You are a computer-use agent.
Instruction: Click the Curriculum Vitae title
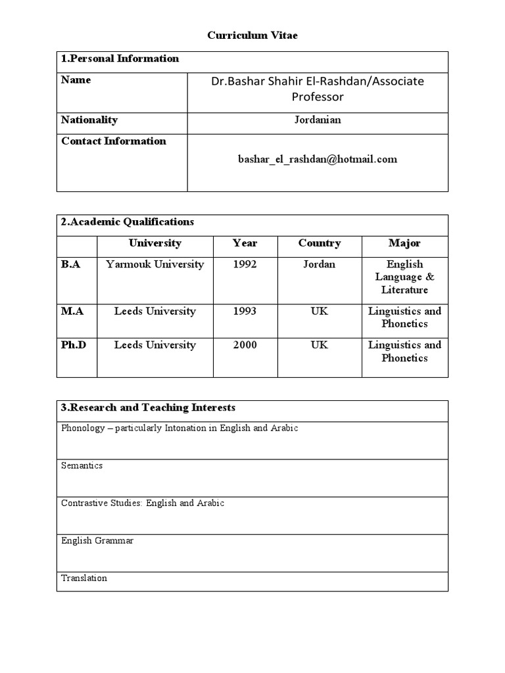(x=252, y=35)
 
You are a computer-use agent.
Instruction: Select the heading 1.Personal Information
(x=120, y=58)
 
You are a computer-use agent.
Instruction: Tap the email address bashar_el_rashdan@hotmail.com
(x=318, y=159)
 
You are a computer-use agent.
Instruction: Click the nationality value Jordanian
(x=318, y=120)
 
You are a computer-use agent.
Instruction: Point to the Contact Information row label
(x=113, y=141)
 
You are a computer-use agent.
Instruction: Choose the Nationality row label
(x=89, y=120)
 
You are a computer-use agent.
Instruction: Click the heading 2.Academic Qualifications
(x=127, y=222)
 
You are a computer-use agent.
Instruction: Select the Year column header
(x=245, y=243)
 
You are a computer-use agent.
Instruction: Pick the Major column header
(x=404, y=243)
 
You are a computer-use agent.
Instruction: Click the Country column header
(x=320, y=243)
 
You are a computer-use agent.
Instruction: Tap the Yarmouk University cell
(x=155, y=264)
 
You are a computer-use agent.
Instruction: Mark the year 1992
(x=245, y=264)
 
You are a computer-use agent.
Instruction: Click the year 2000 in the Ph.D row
(x=245, y=345)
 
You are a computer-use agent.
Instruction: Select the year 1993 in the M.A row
(x=245, y=311)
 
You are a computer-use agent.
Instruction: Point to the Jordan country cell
(x=320, y=264)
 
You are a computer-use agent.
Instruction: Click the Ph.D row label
(x=73, y=345)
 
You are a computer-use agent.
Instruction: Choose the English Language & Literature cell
(x=404, y=277)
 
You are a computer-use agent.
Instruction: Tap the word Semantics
(x=82, y=465)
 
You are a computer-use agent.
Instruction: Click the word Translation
(x=84, y=578)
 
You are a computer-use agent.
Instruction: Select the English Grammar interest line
(x=97, y=541)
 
